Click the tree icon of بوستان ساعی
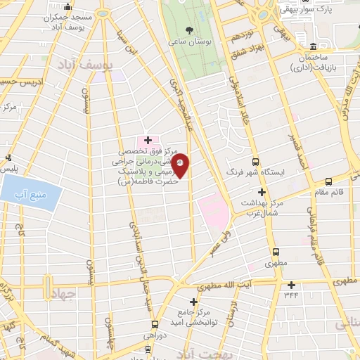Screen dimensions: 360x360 (190, 30)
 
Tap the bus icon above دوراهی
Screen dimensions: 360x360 (155, 325)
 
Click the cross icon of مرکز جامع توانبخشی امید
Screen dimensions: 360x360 (193, 302)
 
